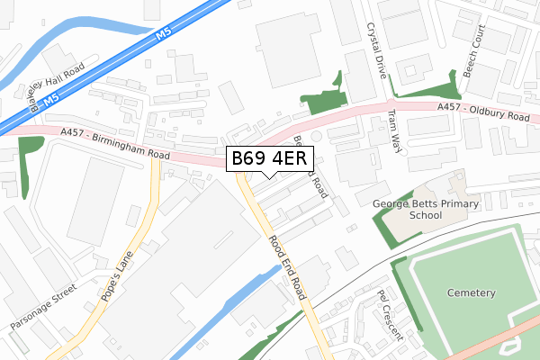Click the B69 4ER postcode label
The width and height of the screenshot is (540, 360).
(270, 159)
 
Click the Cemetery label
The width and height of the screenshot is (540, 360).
(471, 293)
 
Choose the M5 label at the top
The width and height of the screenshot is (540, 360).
(162, 32)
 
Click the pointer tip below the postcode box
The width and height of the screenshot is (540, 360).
(270, 177)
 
